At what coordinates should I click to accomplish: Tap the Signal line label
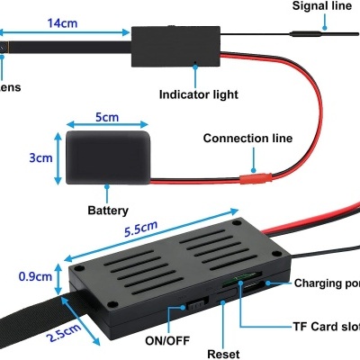point(321,7)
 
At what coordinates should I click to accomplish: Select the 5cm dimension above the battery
point(106,118)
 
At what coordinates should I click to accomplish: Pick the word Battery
point(106,210)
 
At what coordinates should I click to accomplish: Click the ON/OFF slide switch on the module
point(193,306)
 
